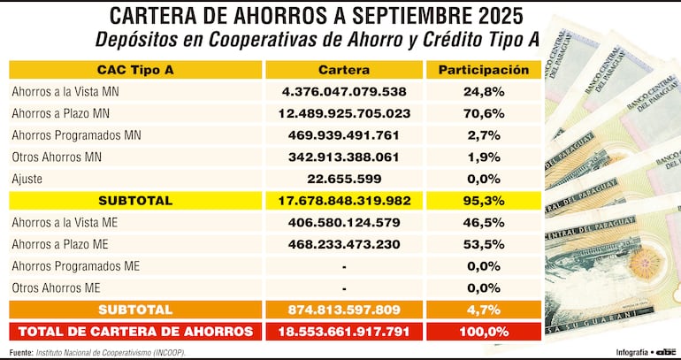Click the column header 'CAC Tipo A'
(x=135, y=70)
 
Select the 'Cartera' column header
(x=344, y=70)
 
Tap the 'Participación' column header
(x=483, y=70)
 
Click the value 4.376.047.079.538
(x=344, y=91)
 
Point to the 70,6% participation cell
(x=483, y=113)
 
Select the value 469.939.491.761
(x=344, y=135)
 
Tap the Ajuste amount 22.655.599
(x=344, y=179)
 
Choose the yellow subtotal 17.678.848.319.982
(x=344, y=201)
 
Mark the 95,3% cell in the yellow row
(x=483, y=201)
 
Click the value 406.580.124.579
(x=344, y=223)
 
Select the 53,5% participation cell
(x=483, y=244)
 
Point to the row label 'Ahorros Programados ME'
(x=76, y=266)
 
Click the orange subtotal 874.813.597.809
(x=344, y=310)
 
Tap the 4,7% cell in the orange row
(x=483, y=310)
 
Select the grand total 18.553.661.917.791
(x=344, y=332)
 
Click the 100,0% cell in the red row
(x=483, y=332)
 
